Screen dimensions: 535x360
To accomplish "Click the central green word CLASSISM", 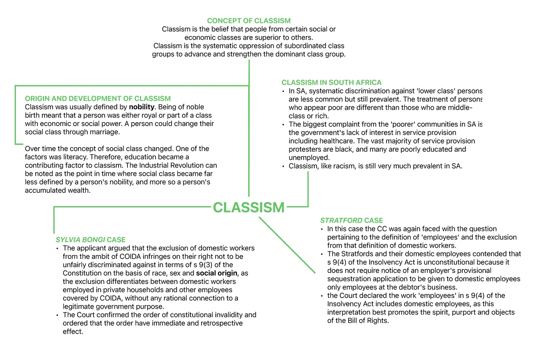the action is pyautogui.click(x=248, y=207).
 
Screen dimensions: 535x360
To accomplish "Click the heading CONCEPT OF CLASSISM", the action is pyautogui.click(x=249, y=21).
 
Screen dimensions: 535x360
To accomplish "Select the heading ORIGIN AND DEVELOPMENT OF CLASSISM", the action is pyautogui.click(x=98, y=99).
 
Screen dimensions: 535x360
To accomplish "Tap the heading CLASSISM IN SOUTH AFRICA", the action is pyautogui.click(x=331, y=83).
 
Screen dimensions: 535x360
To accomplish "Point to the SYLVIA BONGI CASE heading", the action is pyautogui.click(x=94, y=240).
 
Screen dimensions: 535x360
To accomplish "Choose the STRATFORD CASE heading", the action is pyautogui.click(x=351, y=220).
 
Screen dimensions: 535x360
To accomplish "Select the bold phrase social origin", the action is pyautogui.click(x=217, y=273).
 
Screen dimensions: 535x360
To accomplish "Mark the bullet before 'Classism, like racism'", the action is pyautogui.click(x=284, y=166).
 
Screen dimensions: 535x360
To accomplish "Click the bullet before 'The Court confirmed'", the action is pyautogui.click(x=57, y=315).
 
